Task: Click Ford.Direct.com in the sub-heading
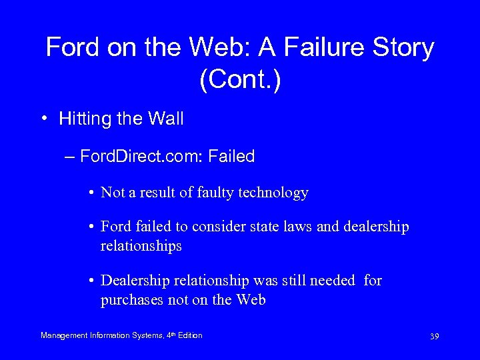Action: (x=141, y=157)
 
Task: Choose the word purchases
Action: (x=131, y=300)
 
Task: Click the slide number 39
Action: (x=434, y=336)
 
